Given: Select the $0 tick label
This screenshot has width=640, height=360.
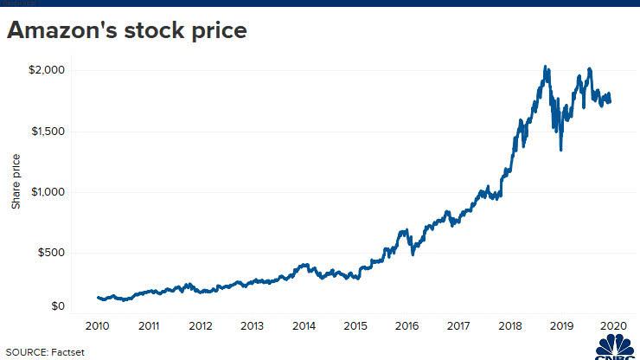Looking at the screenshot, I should coord(57,306).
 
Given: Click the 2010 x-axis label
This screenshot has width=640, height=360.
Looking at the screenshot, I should coord(97,326).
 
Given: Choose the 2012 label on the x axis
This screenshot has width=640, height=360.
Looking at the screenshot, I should coord(201,326).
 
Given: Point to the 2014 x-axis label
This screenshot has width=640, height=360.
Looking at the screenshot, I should coord(304,326).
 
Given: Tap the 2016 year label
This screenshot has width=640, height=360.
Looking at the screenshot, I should coord(406,326).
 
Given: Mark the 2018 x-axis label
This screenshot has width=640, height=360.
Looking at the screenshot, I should coord(509,326).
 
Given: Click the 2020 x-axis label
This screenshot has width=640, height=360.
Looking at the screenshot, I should coord(612,326).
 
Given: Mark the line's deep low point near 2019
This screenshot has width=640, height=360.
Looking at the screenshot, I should coord(561,150).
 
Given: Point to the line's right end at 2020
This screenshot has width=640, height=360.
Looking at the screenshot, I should coord(610,100).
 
